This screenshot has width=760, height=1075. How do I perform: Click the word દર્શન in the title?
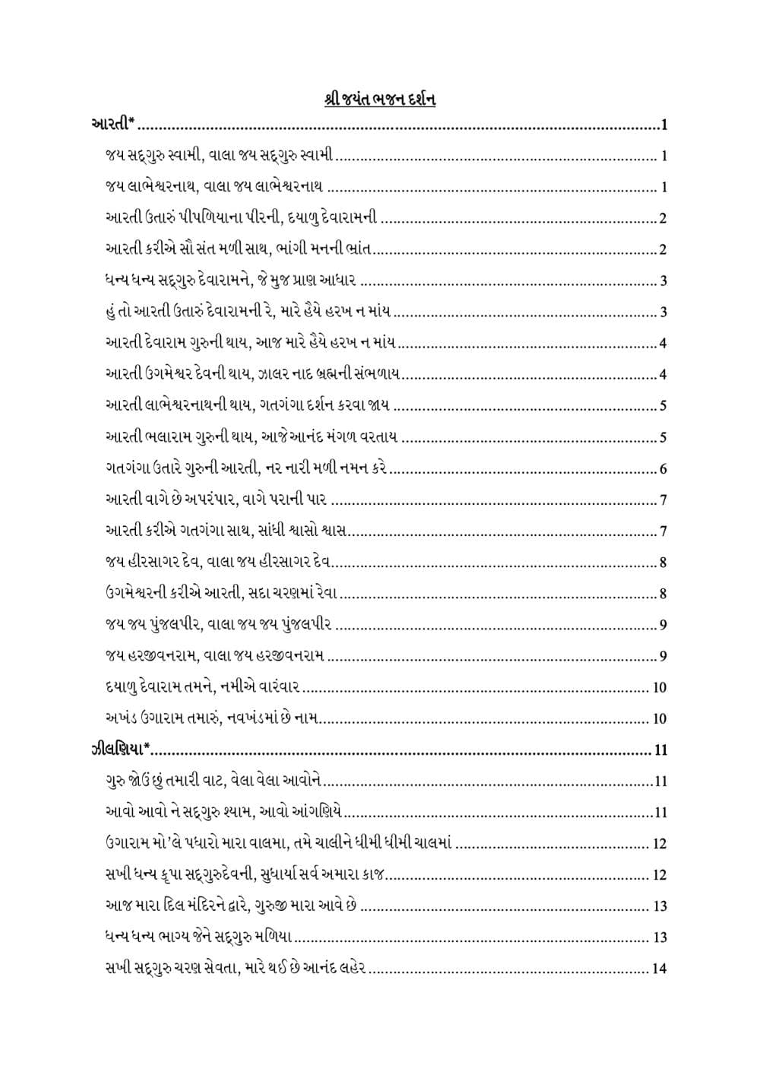417,100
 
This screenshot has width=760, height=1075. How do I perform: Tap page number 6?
663,468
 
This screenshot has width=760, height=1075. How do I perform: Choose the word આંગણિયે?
319,812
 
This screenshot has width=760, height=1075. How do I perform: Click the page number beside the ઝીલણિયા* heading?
660,750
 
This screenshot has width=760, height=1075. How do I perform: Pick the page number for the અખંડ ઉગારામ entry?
660,718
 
